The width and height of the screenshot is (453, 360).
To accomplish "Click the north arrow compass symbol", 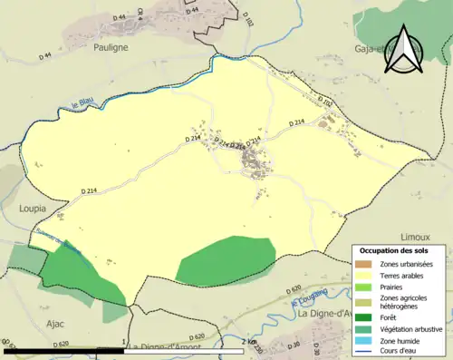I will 403,49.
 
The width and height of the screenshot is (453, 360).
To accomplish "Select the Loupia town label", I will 33,208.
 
